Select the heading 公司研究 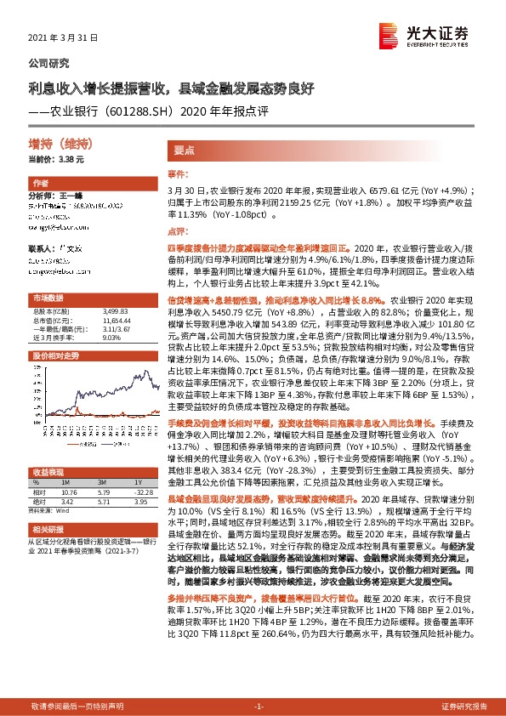click(x=49, y=63)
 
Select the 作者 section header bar click(x=85, y=183)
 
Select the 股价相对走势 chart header click(x=85, y=355)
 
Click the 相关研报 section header click(x=85, y=528)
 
